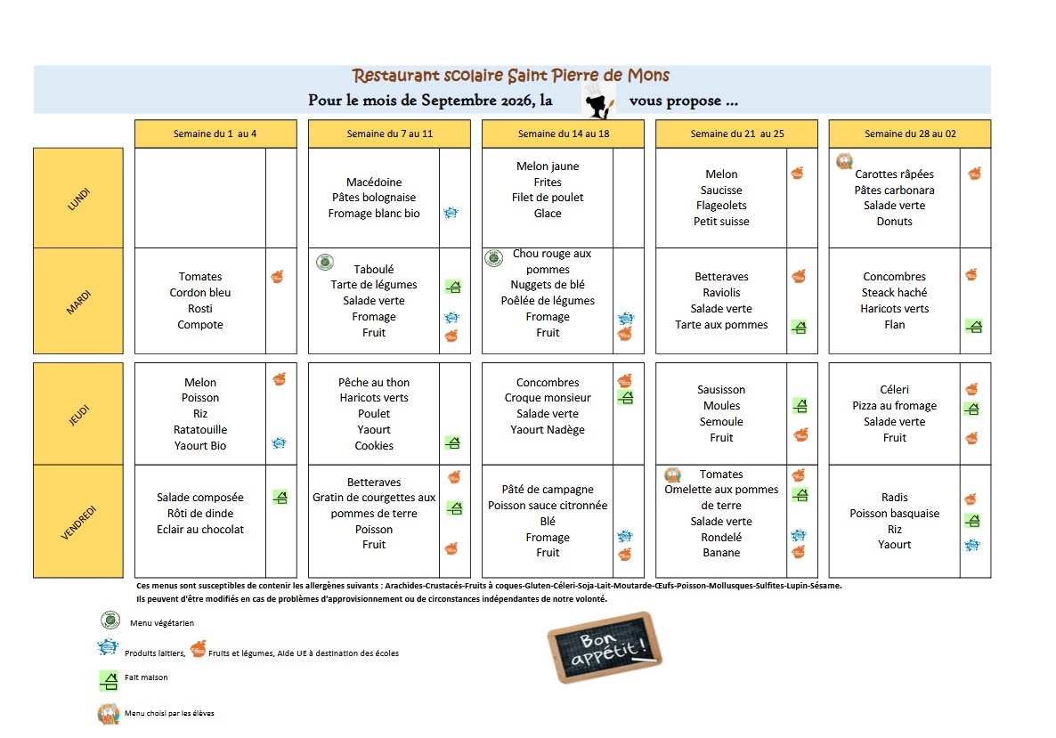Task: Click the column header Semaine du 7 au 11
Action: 389,134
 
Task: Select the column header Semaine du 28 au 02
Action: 910,134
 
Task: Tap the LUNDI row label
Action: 78,198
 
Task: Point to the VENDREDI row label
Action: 78,522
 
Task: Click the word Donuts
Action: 894,222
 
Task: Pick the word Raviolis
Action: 721,293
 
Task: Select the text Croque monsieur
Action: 548,398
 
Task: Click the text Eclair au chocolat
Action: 200,530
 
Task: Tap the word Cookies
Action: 374,446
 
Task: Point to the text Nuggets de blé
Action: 548,285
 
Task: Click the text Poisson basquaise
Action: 894,514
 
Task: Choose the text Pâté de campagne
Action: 548,490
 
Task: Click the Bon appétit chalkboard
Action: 605,647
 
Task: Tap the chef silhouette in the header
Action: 598,102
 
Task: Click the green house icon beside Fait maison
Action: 109,681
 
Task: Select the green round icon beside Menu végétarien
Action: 110,620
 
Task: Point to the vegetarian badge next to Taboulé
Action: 325,262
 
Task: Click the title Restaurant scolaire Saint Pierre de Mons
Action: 510,76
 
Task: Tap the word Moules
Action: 721,406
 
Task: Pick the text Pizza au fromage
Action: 894,406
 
